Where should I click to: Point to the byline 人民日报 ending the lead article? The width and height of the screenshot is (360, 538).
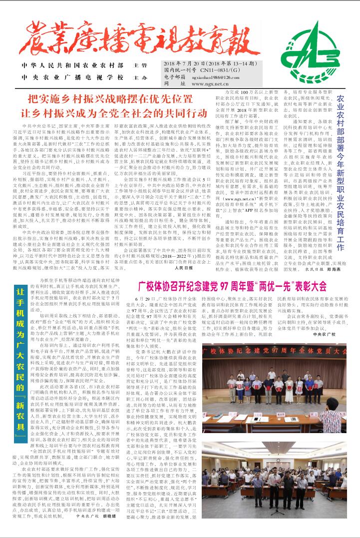pos(184,268)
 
